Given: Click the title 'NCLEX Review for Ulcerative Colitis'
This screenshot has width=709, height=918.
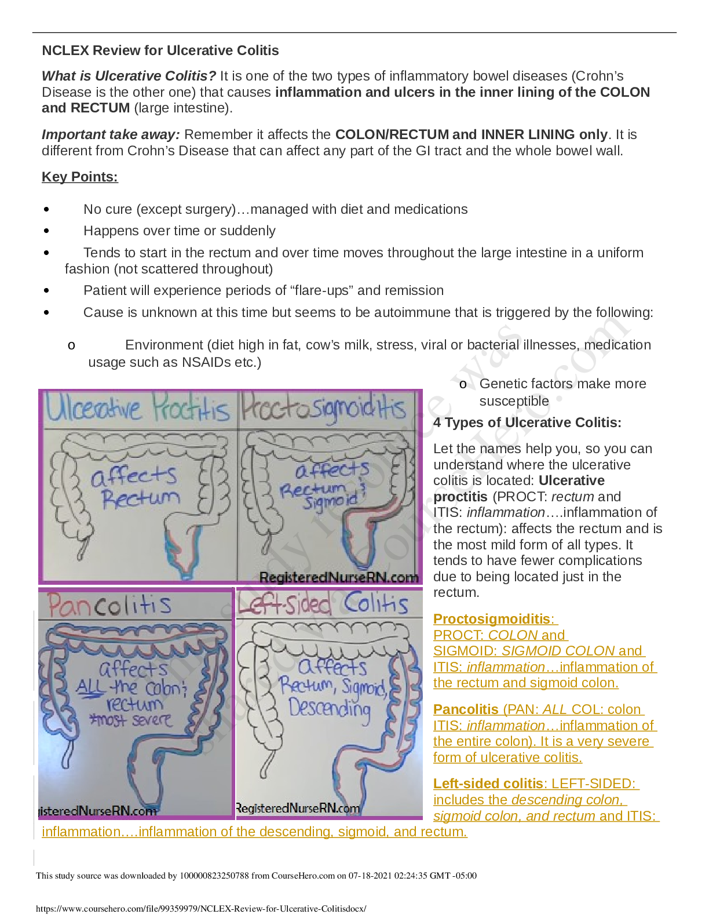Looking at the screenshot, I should [x=160, y=50].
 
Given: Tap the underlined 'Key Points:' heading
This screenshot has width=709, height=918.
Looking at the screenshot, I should [x=80, y=177].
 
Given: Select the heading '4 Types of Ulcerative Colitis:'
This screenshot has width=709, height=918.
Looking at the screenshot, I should [x=527, y=422].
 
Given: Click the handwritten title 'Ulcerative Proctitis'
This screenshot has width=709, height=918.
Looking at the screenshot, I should [x=138, y=409].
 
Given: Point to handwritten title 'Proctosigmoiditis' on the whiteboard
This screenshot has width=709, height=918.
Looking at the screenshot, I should [x=324, y=409].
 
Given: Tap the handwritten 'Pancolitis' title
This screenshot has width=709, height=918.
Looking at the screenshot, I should [x=110, y=606].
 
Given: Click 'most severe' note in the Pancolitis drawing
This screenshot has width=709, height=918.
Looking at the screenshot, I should [x=130, y=720].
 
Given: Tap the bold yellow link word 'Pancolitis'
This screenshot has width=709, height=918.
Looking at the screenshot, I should [x=466, y=709].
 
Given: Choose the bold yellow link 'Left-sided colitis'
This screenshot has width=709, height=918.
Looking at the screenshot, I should [x=488, y=784].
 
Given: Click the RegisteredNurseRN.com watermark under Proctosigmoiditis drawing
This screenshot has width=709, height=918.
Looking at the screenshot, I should [x=339, y=577].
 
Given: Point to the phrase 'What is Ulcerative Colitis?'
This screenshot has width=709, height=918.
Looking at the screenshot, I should [x=129, y=76].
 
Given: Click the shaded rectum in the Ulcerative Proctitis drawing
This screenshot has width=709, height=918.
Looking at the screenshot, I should [x=183, y=551].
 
